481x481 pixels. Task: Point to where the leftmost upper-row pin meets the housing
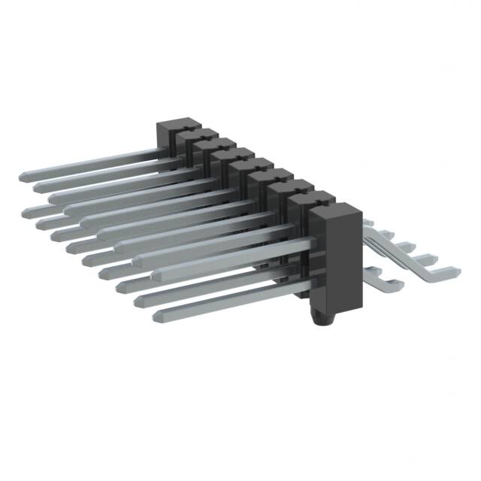coord(159,153)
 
